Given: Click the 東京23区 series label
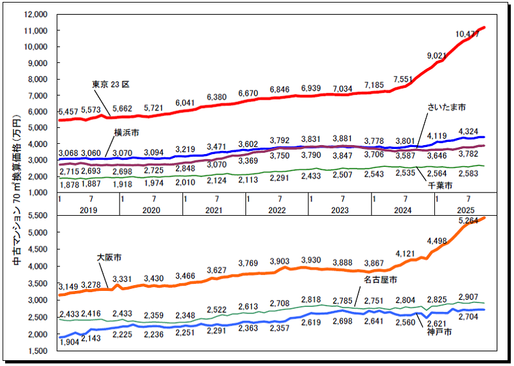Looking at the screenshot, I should tap(111, 84).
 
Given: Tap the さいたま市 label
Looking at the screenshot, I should tap(447, 107).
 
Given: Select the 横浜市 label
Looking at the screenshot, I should tap(127, 132).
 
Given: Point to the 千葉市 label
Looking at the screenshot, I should tap(440, 184).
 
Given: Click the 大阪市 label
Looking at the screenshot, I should tap(109, 256).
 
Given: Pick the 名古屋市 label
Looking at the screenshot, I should tap(379, 280).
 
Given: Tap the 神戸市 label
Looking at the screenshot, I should tap(439, 333).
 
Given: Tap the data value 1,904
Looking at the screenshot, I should tap(69, 343).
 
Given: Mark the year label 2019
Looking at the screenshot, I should tap(89, 210).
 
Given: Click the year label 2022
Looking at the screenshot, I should tap(278, 210).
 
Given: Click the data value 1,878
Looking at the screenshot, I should tap(69, 185).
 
